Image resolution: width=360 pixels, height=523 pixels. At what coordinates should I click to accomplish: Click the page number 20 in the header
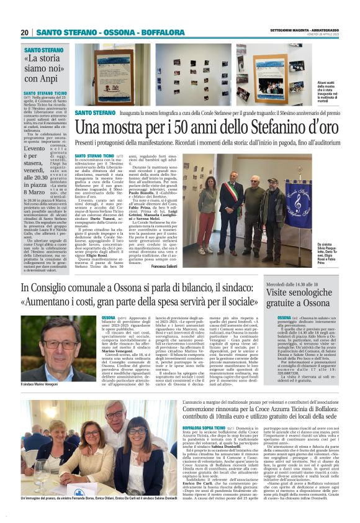(25, 32)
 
